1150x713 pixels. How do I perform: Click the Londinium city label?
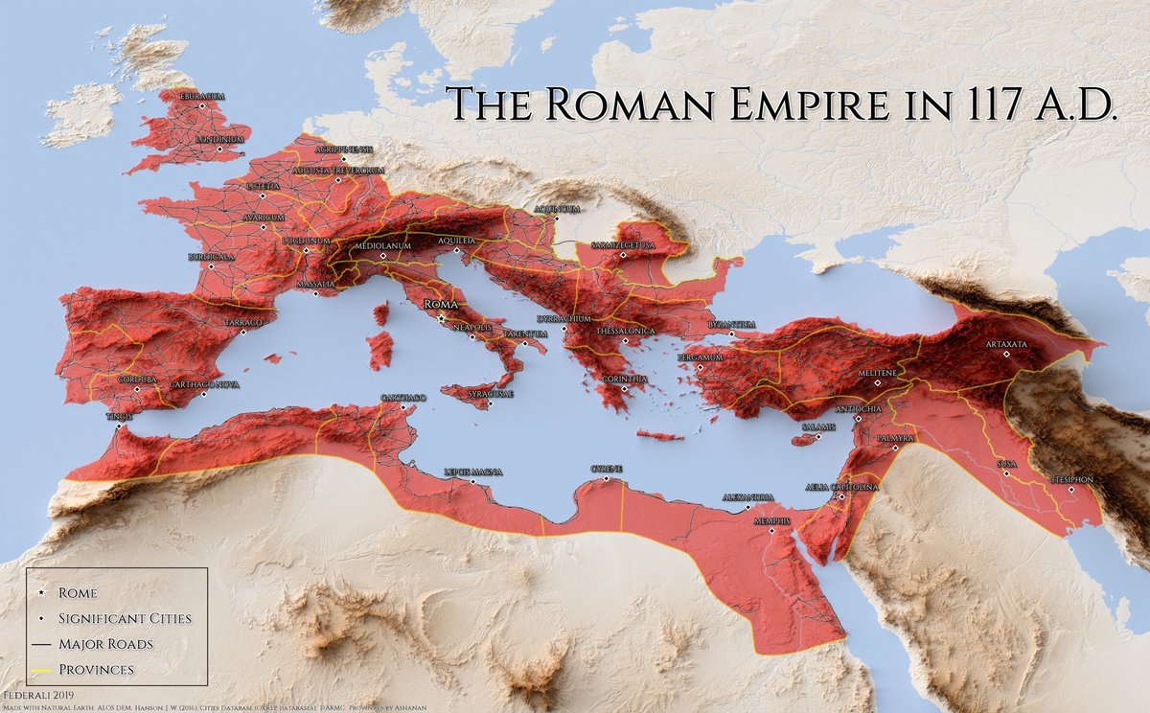click(219, 139)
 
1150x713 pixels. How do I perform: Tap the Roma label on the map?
click(438, 304)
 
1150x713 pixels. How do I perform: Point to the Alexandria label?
click(748, 497)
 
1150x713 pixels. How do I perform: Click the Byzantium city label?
click(731, 325)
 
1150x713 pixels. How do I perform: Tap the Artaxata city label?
click(1006, 343)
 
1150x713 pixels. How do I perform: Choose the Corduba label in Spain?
click(136, 379)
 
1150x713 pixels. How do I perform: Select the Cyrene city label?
click(606, 468)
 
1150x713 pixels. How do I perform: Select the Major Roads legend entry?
click(105, 643)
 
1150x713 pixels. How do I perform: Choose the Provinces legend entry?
click(95, 668)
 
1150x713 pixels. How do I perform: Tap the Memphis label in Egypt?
click(772, 520)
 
